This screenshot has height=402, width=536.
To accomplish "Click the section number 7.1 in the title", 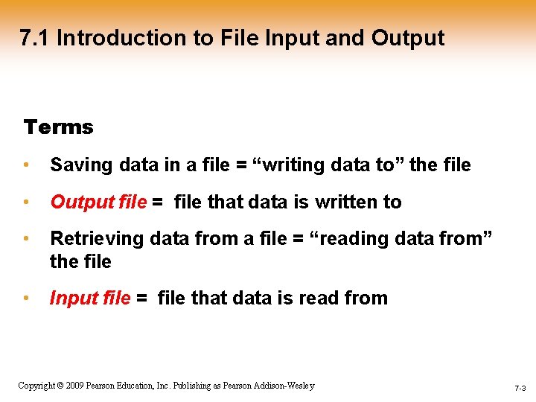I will tap(34, 38).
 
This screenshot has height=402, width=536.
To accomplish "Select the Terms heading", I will tap(58, 127).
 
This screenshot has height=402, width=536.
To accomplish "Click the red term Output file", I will tap(98, 202).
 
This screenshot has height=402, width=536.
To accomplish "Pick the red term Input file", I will tap(90, 299).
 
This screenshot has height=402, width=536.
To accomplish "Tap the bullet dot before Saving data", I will tap(26, 165).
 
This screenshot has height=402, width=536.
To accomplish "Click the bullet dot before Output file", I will tap(26, 202).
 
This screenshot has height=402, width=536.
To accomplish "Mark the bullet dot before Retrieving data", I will tap(26, 239).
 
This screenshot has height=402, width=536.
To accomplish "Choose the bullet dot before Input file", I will tap(26, 299).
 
